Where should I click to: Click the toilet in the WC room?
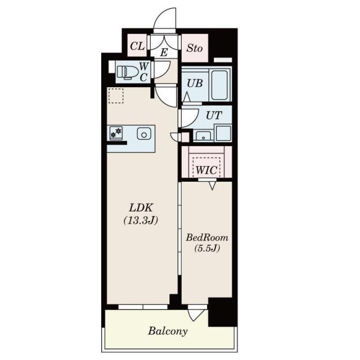click(x=127, y=73)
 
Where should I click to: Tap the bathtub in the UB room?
click(x=219, y=85)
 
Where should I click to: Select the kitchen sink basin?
click(x=144, y=134)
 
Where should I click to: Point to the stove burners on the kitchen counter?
click(x=116, y=133)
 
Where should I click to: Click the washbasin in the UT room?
click(x=204, y=136)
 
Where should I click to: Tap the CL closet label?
click(x=137, y=46)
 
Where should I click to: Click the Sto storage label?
click(x=194, y=48)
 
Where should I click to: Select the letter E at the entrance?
click(x=164, y=53)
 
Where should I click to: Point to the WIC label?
click(x=206, y=170)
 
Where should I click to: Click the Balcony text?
click(x=168, y=331)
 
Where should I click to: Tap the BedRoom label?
click(x=207, y=237)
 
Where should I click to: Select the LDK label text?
click(x=141, y=208)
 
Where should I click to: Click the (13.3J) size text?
click(x=141, y=220)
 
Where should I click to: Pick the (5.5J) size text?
click(x=207, y=248)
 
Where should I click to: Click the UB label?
click(x=195, y=83)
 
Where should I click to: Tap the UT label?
click(x=214, y=115)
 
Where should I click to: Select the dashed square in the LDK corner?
click(x=116, y=96)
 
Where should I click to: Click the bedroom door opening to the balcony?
click(x=196, y=313)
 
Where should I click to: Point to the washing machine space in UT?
click(x=223, y=133)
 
